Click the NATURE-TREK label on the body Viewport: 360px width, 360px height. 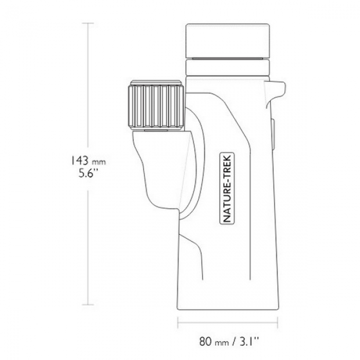click(227, 188)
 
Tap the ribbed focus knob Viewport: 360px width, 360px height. click(156, 106)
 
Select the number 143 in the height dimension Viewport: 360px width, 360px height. click(79, 160)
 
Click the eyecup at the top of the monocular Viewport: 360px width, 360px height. click(227, 41)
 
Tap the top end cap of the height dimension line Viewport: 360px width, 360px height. click(88, 23)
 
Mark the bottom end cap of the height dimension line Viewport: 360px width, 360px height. click(88, 304)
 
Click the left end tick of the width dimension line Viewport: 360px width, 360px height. click(178, 323)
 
